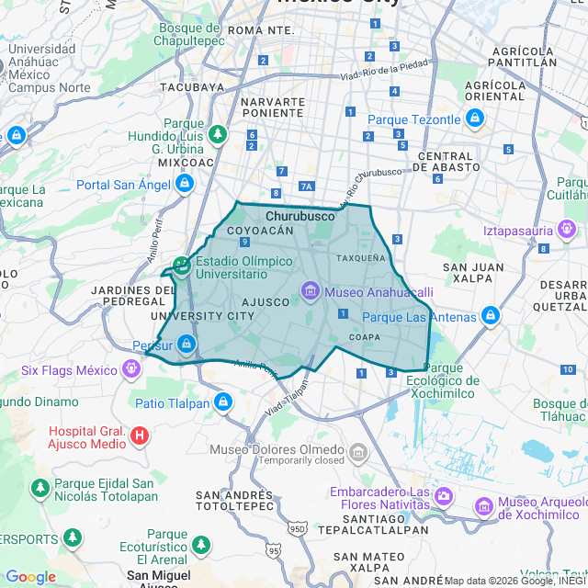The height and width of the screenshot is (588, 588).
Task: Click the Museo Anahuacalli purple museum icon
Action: pos(311,292)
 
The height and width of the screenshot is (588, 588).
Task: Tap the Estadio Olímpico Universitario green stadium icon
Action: pos(182,266)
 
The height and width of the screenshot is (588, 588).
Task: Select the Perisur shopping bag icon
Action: pos(187,344)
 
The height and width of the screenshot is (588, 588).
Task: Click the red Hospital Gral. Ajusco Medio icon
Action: pos(139,435)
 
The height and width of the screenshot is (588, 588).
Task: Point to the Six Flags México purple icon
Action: pos(133,370)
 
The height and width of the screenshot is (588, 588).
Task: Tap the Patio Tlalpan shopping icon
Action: pos(222,401)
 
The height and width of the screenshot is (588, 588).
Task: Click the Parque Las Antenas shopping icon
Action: pos(491,317)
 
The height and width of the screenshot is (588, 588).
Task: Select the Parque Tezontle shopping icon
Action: pos(474,119)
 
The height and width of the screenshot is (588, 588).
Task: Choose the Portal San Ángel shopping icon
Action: pos(185,184)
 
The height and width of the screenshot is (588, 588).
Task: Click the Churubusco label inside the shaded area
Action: pos(300,217)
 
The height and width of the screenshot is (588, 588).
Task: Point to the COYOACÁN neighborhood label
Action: pos(260,231)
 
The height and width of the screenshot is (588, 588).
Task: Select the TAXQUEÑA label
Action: pos(361,258)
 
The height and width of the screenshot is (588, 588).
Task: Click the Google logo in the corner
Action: pos(30,576)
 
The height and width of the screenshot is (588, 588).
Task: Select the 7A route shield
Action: pos(306,187)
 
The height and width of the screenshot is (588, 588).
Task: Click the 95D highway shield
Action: pos(297,529)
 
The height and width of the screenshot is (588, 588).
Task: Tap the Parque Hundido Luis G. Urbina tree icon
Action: pos(218,136)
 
